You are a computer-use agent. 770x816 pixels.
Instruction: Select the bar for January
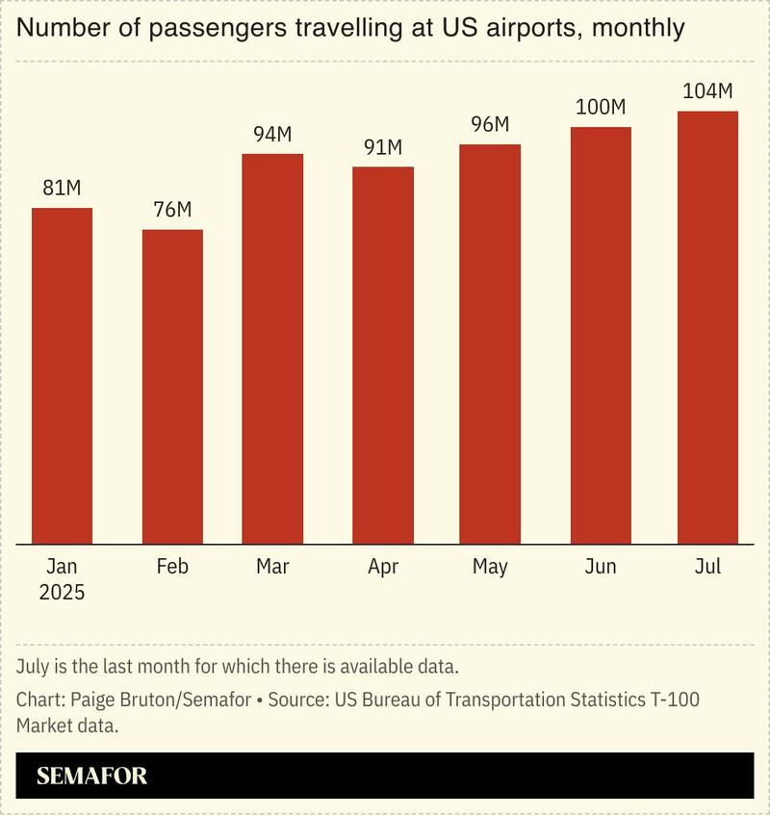click(x=63, y=375)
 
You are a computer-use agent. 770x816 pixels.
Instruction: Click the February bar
click(x=173, y=386)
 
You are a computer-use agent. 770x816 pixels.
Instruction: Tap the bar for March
click(x=272, y=348)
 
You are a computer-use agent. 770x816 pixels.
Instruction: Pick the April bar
click(x=383, y=355)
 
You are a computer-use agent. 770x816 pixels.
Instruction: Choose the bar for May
click(x=490, y=344)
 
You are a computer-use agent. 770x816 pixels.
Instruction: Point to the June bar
click(x=601, y=335)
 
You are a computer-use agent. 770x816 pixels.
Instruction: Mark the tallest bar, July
click(x=707, y=327)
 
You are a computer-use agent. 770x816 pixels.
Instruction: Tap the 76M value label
click(x=173, y=210)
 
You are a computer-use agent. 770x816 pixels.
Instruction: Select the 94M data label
click(x=272, y=135)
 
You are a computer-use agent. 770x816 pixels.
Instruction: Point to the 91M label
click(x=383, y=147)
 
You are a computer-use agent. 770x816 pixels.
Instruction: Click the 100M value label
click(x=601, y=107)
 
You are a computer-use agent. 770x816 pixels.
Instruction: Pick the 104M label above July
click(x=707, y=91)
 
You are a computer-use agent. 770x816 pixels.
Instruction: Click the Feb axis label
click(x=173, y=567)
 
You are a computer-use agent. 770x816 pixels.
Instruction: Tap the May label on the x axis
click(x=490, y=567)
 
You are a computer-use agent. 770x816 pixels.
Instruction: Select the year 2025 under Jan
click(x=62, y=593)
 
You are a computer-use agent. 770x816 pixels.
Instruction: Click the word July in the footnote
click(x=35, y=667)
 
